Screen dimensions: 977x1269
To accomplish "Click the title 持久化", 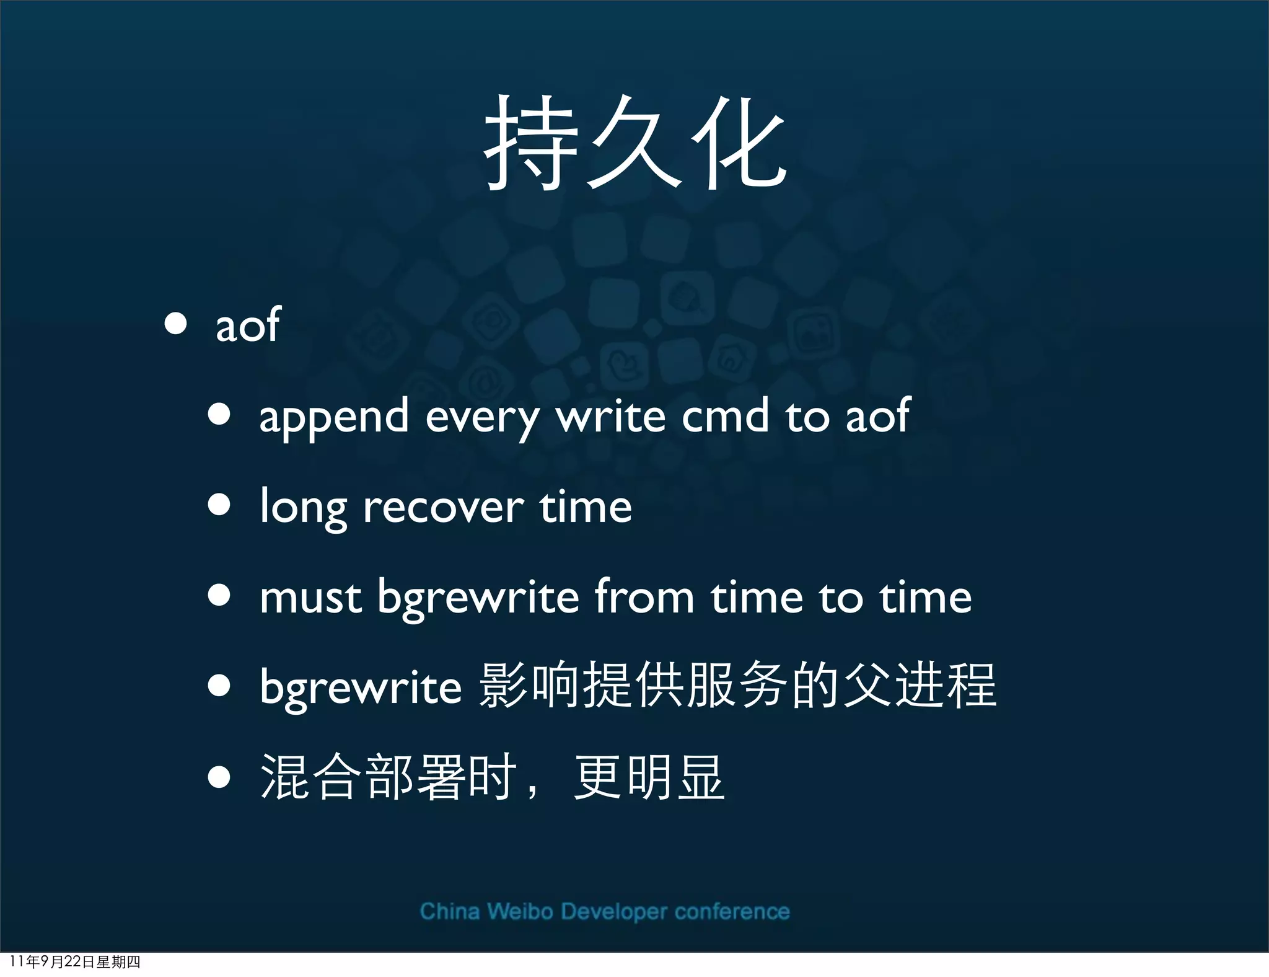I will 634,144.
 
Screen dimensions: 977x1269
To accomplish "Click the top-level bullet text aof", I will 248,325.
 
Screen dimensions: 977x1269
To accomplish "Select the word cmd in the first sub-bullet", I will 725,416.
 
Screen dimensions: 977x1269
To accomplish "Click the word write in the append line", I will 610,416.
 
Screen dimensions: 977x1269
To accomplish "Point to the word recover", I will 443,508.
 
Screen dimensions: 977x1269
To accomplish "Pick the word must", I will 310,598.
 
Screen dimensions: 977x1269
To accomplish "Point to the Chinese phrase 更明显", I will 649,777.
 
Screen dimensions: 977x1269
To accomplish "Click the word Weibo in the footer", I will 519,911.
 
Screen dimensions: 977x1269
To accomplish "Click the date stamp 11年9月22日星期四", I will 75,962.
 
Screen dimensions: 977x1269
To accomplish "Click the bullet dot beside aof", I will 176,324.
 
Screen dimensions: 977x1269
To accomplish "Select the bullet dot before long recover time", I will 219,505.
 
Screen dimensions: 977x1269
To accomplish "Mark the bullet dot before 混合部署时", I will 219,777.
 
